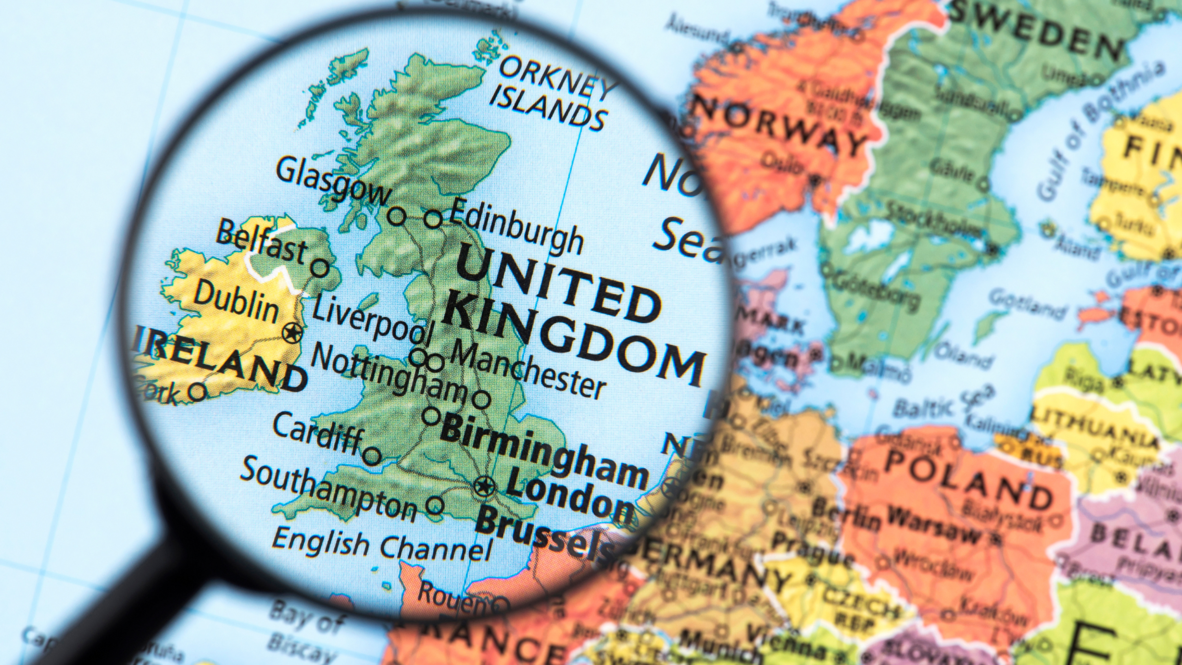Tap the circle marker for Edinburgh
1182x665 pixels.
(x=433, y=218)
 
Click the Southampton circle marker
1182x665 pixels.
(x=434, y=505)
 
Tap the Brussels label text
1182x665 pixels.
(x=545, y=536)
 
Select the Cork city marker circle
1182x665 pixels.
(x=198, y=392)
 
